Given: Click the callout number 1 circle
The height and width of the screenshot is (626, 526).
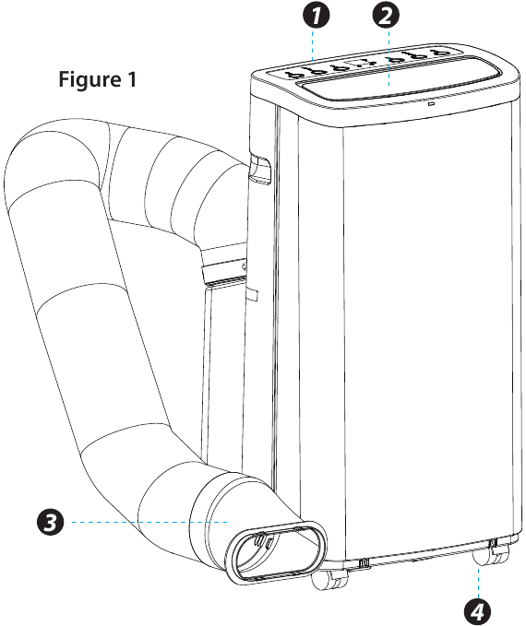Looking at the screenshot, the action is click(x=316, y=16).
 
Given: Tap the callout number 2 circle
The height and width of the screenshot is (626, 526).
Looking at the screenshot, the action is click(x=386, y=16).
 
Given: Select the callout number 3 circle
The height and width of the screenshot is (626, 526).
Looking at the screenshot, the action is click(x=51, y=522).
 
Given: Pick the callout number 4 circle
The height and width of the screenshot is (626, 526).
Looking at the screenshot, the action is click(x=478, y=611).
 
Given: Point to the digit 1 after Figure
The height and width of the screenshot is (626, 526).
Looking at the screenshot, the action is click(x=132, y=79).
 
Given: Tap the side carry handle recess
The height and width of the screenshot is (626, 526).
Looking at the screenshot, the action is click(x=259, y=170).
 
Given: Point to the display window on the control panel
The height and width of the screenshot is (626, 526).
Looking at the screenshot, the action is click(x=360, y=63).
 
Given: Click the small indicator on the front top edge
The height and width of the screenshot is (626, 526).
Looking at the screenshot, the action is click(x=431, y=104).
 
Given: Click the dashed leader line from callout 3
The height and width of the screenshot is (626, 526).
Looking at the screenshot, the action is click(x=149, y=522).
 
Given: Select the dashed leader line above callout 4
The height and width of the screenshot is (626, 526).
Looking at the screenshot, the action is click(x=478, y=581).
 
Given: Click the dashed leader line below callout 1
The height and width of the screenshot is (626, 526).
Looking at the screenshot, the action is click(x=313, y=45).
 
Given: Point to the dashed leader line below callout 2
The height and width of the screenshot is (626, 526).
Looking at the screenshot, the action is click(x=389, y=58).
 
